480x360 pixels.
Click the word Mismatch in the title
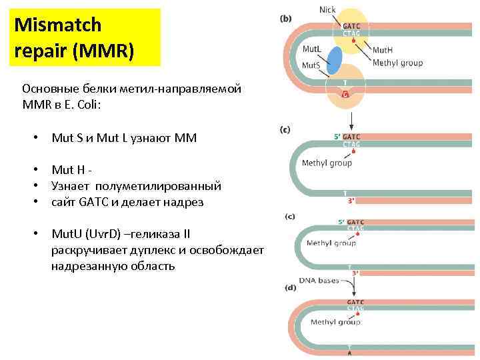[x=58, y=25]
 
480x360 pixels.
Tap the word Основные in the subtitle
[x=49, y=89]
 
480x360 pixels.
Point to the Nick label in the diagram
[x=327, y=9]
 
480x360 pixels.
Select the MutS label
[x=311, y=65]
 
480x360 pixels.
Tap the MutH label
[x=383, y=49]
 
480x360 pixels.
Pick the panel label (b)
[x=285, y=19]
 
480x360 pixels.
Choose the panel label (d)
[x=291, y=288]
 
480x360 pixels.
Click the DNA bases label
[x=319, y=280]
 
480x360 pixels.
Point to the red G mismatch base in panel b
[x=345, y=95]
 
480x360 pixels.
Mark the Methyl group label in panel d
[x=335, y=322]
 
